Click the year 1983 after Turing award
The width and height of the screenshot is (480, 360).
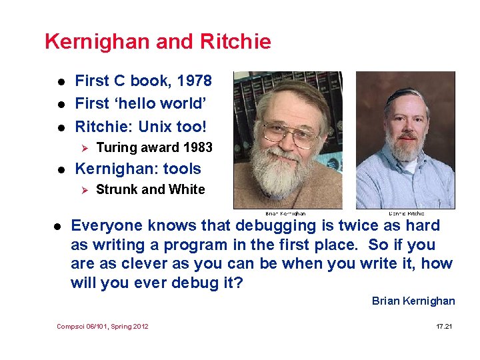pos(197,147)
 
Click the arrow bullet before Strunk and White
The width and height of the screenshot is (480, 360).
pos(84,190)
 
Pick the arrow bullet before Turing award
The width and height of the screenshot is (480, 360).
pos(84,148)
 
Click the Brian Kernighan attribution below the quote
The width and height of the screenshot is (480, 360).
pos(413,301)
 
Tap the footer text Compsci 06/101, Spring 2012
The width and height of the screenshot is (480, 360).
pos(103,326)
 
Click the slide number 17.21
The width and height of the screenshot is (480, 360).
pos(444,326)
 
